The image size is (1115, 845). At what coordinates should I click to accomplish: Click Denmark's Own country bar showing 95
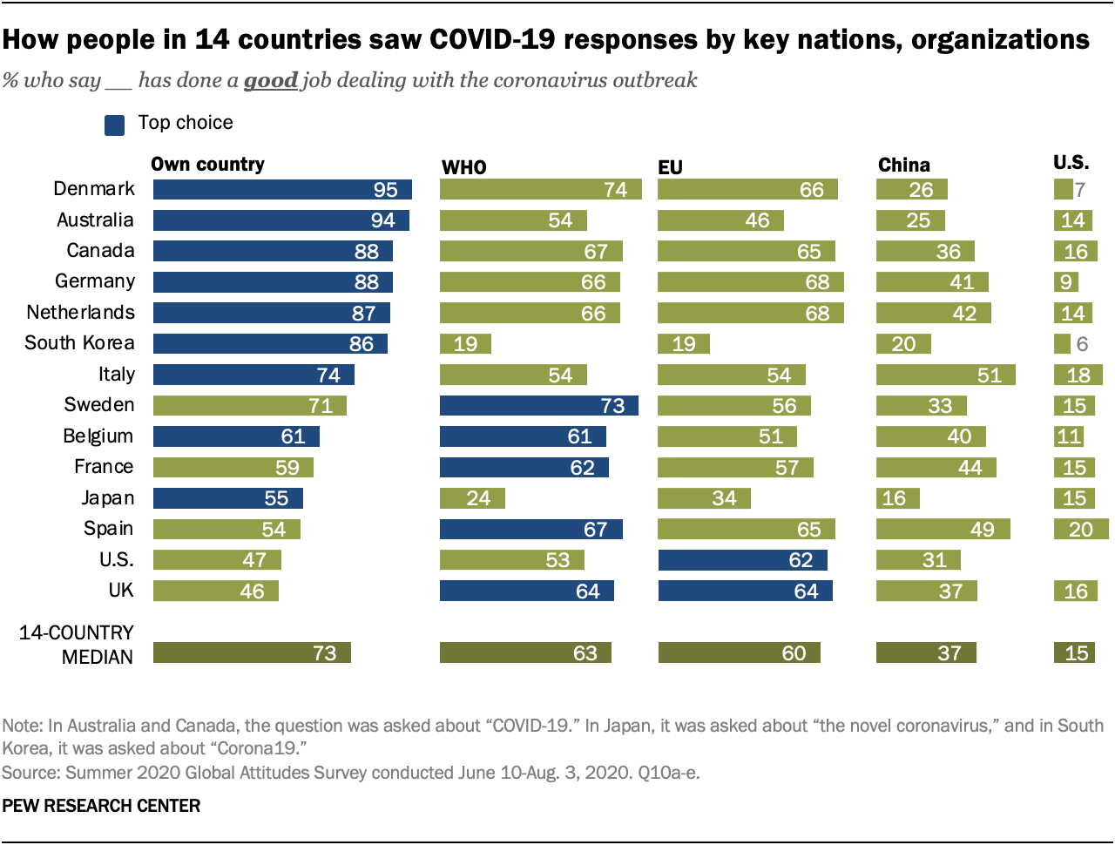pos(282,190)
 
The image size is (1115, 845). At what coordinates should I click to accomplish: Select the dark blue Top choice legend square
pos(114,125)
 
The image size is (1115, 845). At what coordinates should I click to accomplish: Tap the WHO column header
pos(463,167)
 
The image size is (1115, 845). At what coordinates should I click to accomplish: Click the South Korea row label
pos(79,343)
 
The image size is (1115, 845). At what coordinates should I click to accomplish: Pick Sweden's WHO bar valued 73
pos(538,406)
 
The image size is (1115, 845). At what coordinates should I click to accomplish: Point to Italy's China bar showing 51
pos(945,375)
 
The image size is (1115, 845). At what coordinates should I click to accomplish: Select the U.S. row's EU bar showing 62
pos(742,560)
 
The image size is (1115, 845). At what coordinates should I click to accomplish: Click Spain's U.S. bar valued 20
pos(1080,530)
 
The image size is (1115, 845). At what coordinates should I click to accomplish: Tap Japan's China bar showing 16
pos(897,498)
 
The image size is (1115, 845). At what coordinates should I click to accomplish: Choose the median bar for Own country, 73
pos(252,653)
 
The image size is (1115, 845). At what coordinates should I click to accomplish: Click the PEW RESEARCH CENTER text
pos(101,806)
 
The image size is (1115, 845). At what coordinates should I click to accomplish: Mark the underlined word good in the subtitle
pos(271,80)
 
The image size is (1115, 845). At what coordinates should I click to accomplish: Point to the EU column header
pos(670,167)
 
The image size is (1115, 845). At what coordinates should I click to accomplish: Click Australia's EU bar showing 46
pos(720,220)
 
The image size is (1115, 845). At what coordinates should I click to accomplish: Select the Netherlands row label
pos(80,313)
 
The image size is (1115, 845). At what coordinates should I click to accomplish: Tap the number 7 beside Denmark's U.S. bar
pos(1080,190)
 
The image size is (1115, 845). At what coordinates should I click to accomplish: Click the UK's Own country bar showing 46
pos(215,591)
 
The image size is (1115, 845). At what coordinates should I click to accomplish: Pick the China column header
pos(903,166)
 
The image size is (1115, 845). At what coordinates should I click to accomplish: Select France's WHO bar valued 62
pos(524,468)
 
